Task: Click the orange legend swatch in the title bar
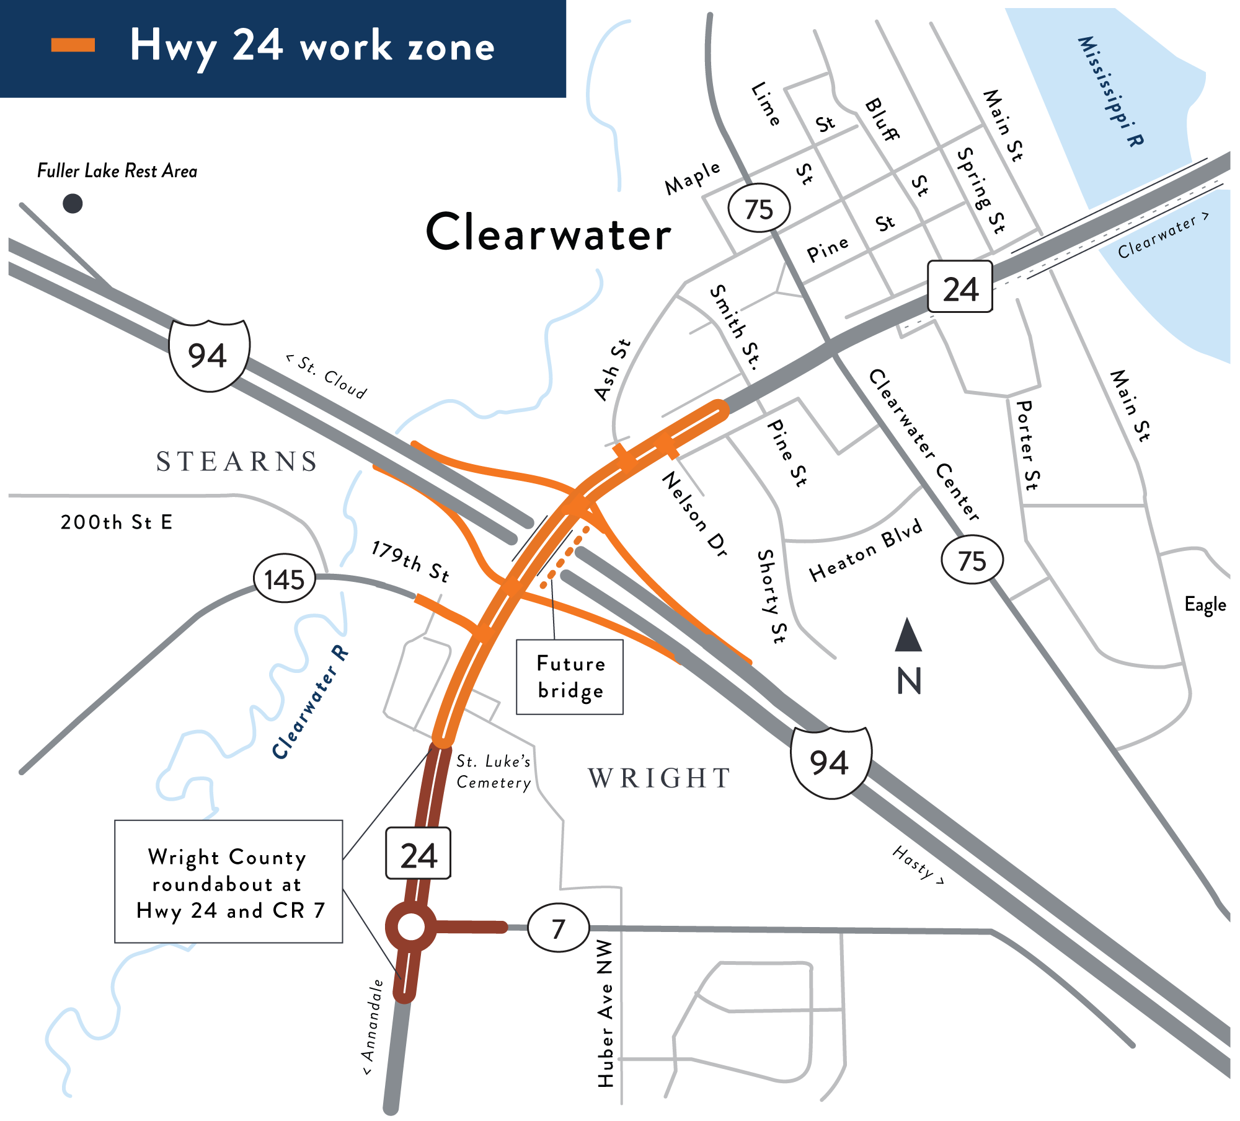[x=73, y=45]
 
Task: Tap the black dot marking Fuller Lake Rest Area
[x=73, y=203]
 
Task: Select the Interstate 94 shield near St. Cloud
[x=209, y=355]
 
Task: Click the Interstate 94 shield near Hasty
[x=831, y=762]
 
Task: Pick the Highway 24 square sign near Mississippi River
[x=960, y=287]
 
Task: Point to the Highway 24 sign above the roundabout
[x=418, y=853]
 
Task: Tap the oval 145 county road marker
[x=285, y=579]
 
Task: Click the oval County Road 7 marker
[x=558, y=928]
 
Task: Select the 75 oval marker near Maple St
[x=759, y=208]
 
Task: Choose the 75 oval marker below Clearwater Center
[x=972, y=560]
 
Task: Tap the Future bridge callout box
[x=570, y=677]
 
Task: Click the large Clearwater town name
[x=549, y=232]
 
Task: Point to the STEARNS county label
[x=237, y=462]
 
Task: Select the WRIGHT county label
[x=660, y=778]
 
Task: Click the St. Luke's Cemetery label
[x=494, y=772]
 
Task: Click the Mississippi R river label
[x=1110, y=92]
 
